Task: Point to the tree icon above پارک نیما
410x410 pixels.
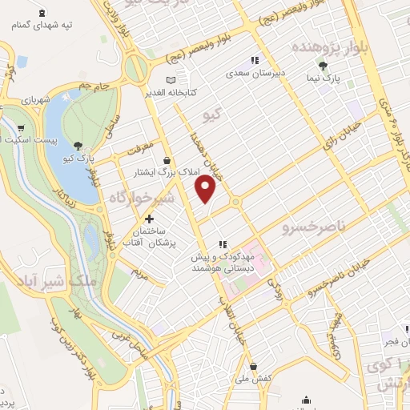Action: click(x=323, y=66)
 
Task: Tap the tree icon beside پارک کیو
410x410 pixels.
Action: click(x=78, y=145)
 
